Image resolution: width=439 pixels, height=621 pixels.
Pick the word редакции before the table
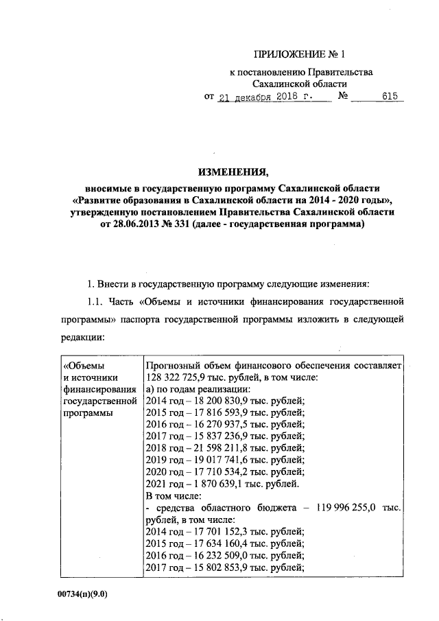tap(84, 338)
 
